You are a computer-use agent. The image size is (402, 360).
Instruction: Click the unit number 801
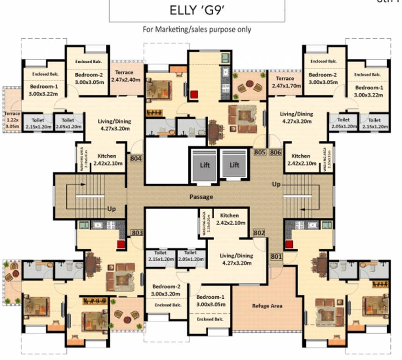point(276,256)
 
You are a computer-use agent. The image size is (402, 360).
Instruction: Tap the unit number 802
point(259,232)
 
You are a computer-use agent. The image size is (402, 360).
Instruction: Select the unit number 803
point(137,232)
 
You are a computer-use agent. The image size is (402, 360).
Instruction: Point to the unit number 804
point(136,158)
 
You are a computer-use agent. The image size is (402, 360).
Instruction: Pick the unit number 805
point(260,152)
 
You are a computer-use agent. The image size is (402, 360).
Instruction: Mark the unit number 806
point(275,152)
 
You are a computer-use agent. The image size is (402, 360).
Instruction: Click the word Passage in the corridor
point(201,197)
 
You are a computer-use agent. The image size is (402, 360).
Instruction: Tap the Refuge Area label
point(267,306)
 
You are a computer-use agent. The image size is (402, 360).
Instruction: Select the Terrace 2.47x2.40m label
point(122,76)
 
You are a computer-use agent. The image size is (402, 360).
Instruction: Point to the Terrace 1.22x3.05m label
point(12,120)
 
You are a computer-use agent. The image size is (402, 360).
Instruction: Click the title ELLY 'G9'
point(197,10)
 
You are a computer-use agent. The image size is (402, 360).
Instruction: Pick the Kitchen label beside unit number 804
point(107,159)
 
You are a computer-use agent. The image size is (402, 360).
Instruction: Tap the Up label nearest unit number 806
point(276,185)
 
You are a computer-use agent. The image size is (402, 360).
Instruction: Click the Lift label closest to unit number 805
point(234,165)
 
